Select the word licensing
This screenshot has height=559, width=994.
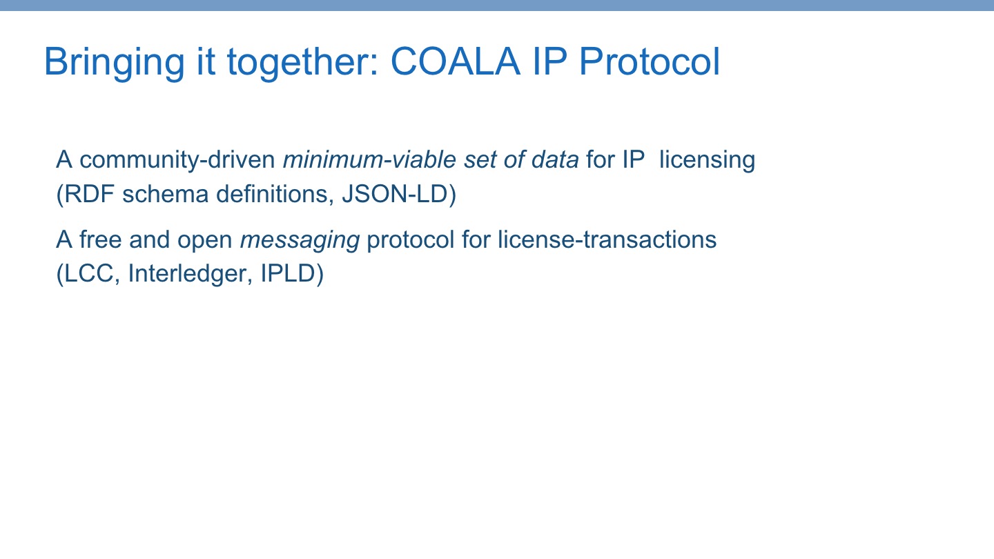coord(707,160)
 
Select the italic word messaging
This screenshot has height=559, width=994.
coord(300,240)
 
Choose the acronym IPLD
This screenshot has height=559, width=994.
coord(291,275)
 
